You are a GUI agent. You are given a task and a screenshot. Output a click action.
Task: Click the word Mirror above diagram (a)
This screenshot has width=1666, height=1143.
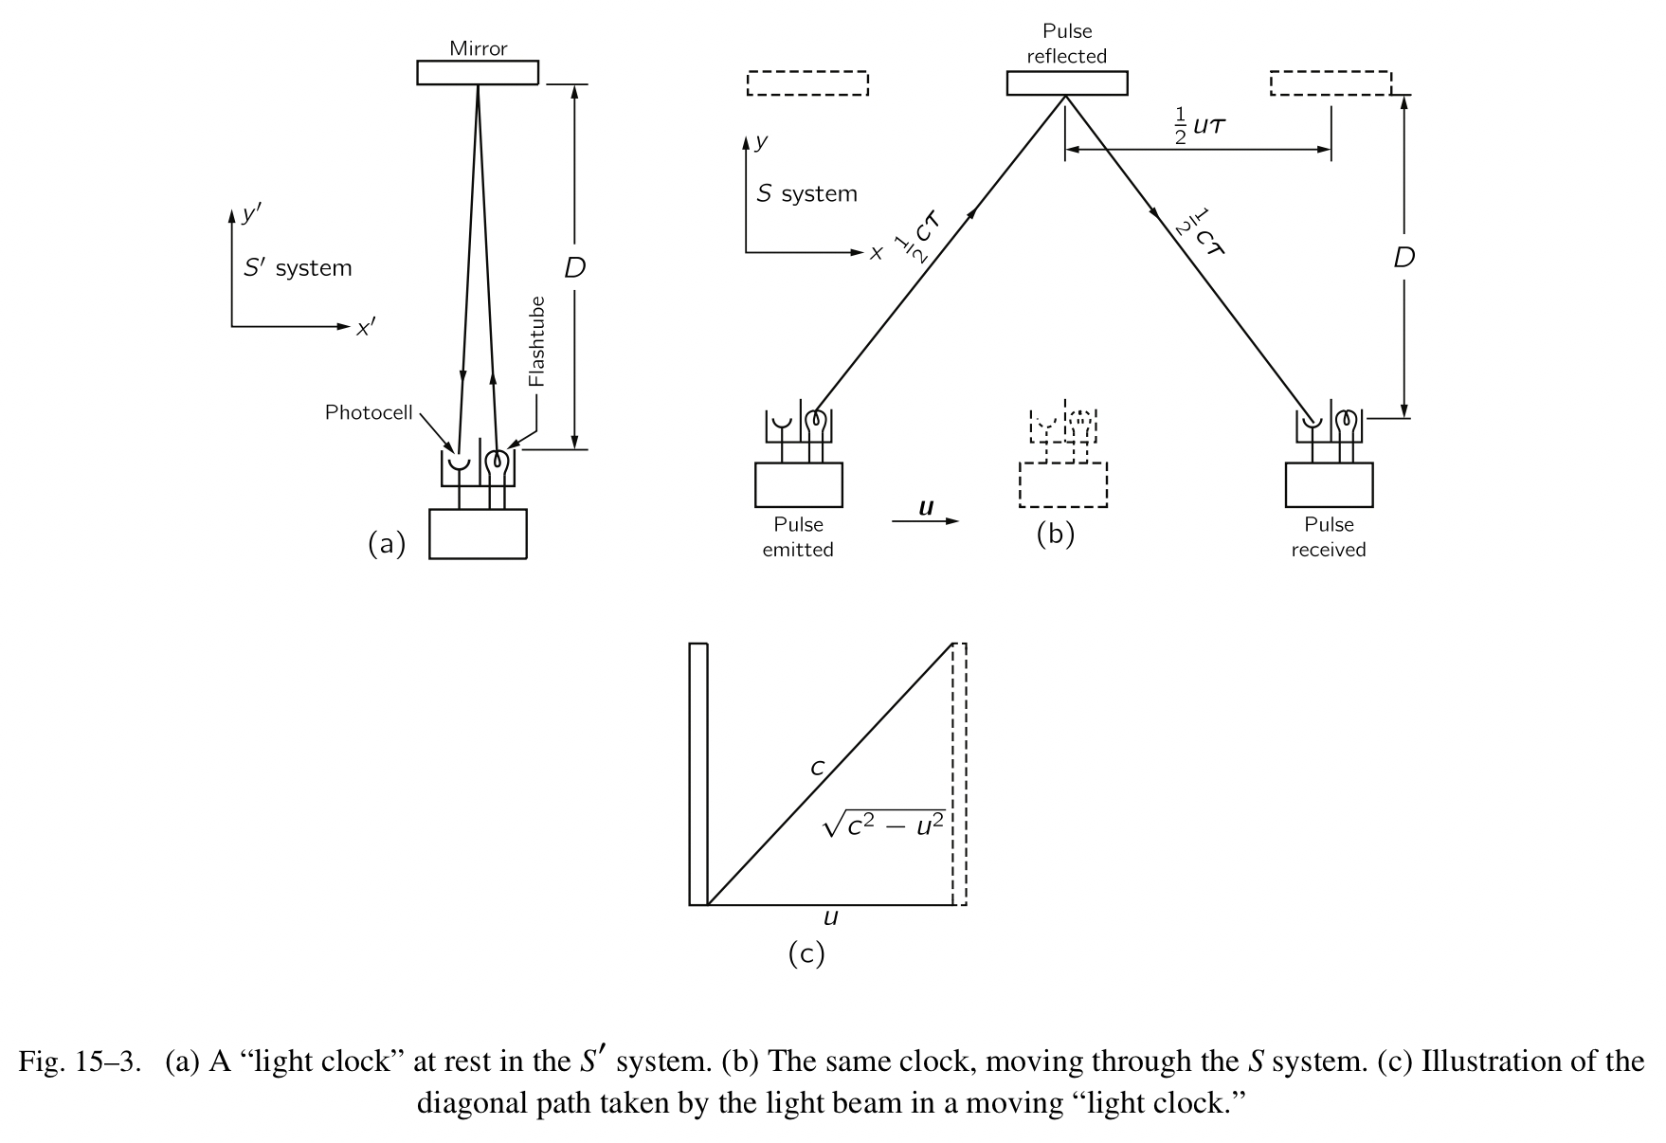pos(478,48)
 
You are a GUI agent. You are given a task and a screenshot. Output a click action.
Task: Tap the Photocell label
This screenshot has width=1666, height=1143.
pos(369,412)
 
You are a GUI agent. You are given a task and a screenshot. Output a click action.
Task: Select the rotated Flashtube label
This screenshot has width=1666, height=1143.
pos(537,341)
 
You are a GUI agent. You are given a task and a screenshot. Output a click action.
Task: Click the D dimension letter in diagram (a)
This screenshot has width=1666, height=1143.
pos(574,268)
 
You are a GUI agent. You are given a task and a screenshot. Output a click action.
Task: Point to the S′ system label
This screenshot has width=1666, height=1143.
pos(298,268)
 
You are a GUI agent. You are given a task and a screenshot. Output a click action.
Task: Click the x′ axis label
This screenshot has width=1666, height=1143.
pos(365,329)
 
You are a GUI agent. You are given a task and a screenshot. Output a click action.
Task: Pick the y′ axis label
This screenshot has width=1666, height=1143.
pos(250,214)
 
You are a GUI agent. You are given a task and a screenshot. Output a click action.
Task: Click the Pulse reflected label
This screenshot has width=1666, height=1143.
pos(1066,44)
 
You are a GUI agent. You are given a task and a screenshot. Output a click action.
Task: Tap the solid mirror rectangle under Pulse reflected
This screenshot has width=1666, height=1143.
pos(1066,83)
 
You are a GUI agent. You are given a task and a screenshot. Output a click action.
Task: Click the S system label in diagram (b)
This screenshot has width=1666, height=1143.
pos(806,194)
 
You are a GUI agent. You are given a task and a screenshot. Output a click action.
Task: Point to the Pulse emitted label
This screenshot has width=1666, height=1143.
pos(798,536)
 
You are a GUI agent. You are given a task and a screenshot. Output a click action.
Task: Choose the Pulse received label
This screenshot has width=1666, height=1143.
pos(1328,536)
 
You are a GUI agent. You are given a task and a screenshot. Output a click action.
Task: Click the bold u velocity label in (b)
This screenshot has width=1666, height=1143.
pos(926,508)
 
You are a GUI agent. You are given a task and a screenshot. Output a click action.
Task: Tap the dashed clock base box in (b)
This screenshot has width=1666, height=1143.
pos(1062,484)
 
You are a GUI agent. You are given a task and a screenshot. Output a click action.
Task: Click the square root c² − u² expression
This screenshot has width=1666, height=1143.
pos(884,826)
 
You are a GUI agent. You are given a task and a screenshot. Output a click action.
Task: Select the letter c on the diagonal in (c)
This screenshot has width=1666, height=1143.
pos(817,768)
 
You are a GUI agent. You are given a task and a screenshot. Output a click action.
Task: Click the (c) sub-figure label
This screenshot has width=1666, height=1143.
pos(806,953)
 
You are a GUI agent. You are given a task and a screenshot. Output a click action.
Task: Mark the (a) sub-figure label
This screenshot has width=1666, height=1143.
pos(387,544)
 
